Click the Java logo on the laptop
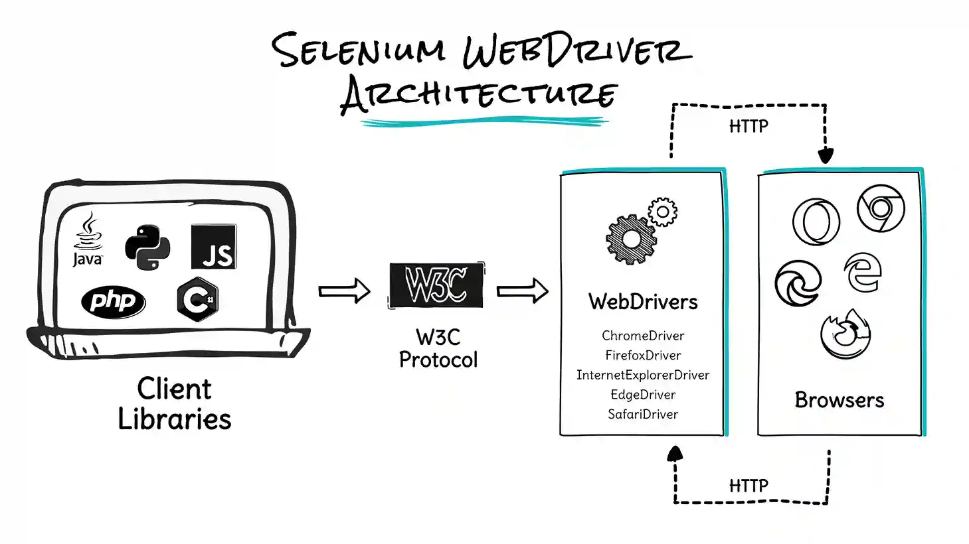point(88,240)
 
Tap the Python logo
point(147,247)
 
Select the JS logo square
point(213,246)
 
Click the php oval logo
point(113,302)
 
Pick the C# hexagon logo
point(197,300)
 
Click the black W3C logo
point(436,285)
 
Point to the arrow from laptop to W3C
point(344,291)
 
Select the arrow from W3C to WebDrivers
point(522,291)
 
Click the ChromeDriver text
point(642,336)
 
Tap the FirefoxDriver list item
point(642,356)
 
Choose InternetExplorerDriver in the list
point(642,375)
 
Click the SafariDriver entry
point(642,415)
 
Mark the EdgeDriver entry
point(642,395)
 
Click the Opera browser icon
point(816,222)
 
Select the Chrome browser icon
point(881,208)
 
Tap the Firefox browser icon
point(845,334)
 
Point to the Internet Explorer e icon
point(862,272)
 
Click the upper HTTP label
point(749,126)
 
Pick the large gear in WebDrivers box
point(631,239)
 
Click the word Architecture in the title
point(478,94)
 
